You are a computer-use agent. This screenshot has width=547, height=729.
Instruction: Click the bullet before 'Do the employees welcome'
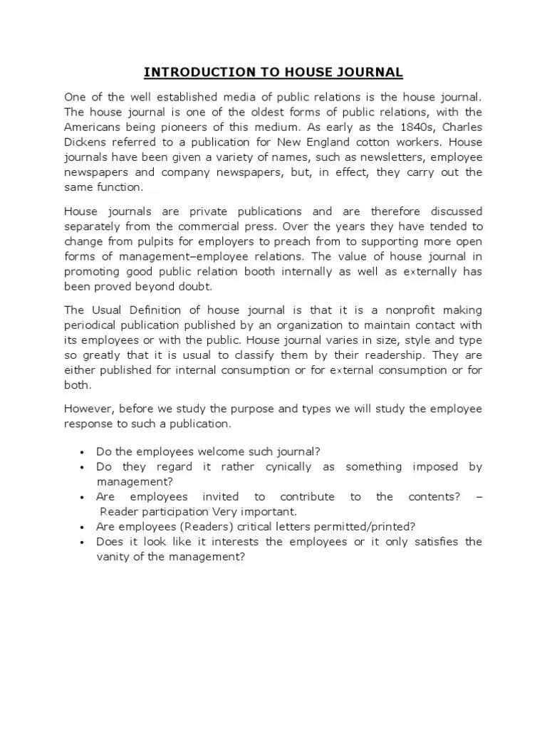point(83,452)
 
